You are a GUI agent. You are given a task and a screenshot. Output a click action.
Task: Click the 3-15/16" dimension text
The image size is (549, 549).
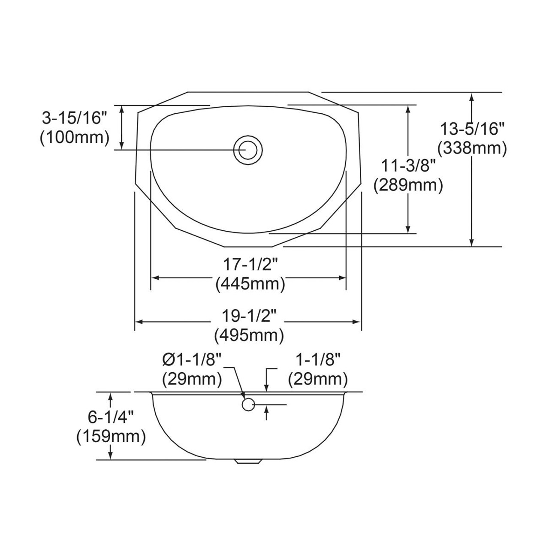pos(74,118)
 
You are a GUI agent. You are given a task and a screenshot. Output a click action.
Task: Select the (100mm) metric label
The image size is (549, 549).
pos(74,138)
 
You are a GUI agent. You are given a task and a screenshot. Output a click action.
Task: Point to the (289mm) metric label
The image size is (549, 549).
pos(408,185)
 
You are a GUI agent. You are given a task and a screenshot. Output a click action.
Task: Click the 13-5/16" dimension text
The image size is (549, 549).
pos(472,128)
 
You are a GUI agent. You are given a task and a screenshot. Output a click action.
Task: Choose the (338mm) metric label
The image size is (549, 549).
pos(472,148)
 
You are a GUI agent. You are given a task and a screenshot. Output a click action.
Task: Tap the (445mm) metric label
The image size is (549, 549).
pos(250,284)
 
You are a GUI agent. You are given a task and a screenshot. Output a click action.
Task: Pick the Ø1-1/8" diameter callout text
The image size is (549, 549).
pos(192,359)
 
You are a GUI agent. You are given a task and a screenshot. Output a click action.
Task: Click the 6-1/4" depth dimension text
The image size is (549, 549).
pos(111,416)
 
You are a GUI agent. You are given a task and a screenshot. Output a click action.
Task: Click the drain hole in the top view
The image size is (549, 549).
pos(247,149)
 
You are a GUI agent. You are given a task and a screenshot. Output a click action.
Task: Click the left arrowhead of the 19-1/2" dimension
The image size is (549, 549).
pos(139,322)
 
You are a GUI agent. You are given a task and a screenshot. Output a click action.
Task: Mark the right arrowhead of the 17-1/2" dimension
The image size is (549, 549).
pos(343,278)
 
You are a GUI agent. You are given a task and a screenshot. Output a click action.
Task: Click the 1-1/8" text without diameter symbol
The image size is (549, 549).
pos(317,359)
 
